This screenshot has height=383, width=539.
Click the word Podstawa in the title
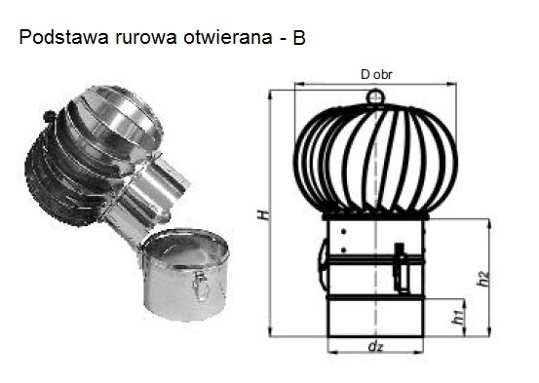63,37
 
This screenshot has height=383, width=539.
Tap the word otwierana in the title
228,37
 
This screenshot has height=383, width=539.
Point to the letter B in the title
299,38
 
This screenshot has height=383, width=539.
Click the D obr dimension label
376,75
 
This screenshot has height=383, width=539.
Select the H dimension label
263,214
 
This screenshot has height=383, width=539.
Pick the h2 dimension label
483,278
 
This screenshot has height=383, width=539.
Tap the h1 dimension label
458,317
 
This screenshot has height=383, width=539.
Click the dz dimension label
375,346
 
